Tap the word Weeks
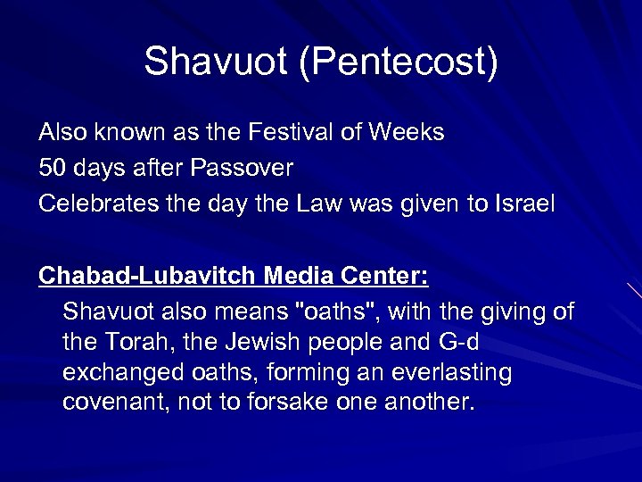pyautogui.click(x=407, y=133)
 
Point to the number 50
pyautogui.click(x=50, y=168)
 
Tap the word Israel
pyautogui.click(x=525, y=204)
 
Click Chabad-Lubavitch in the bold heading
pyautogui.click(x=147, y=277)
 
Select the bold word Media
pyautogui.click(x=298, y=277)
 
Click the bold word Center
pyautogui.click(x=385, y=277)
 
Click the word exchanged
pyautogui.click(x=116, y=373)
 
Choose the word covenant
pyautogui.click(x=115, y=403)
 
